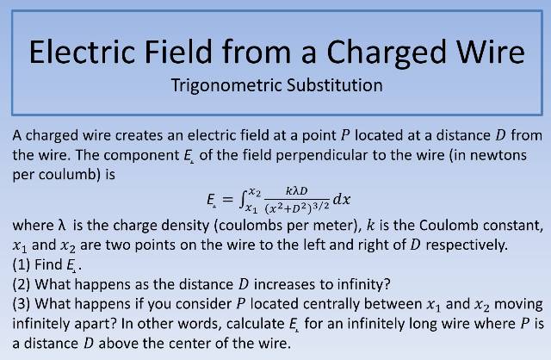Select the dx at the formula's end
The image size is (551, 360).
pyautogui.click(x=342, y=200)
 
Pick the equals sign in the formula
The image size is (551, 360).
pyautogui.click(x=227, y=200)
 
